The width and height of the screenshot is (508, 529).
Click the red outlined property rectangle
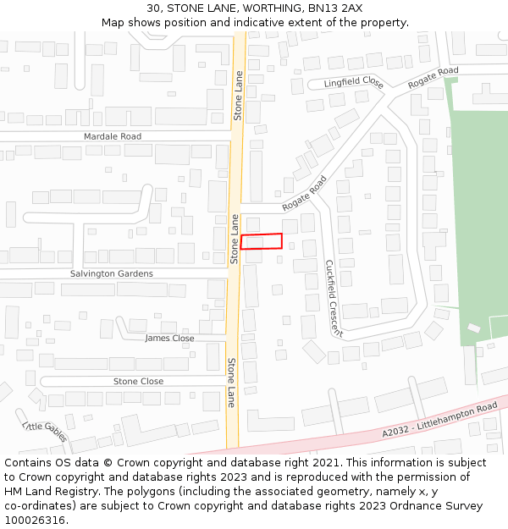[261, 241]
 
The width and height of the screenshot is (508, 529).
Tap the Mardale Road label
[113, 136]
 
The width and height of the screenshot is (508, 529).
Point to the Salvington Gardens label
[112, 273]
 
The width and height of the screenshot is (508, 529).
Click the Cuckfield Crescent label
[334, 298]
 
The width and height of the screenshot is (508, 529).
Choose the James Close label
[169, 339]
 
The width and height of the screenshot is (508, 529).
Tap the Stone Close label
[138, 382]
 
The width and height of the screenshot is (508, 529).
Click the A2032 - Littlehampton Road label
[439, 420]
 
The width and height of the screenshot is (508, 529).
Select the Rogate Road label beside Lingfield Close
[433, 78]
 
